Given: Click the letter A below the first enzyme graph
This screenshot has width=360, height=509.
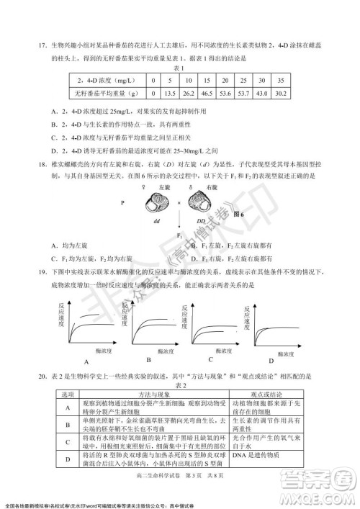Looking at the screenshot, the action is (x=87, y=361).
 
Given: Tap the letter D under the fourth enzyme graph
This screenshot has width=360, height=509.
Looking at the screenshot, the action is (x=271, y=360).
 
